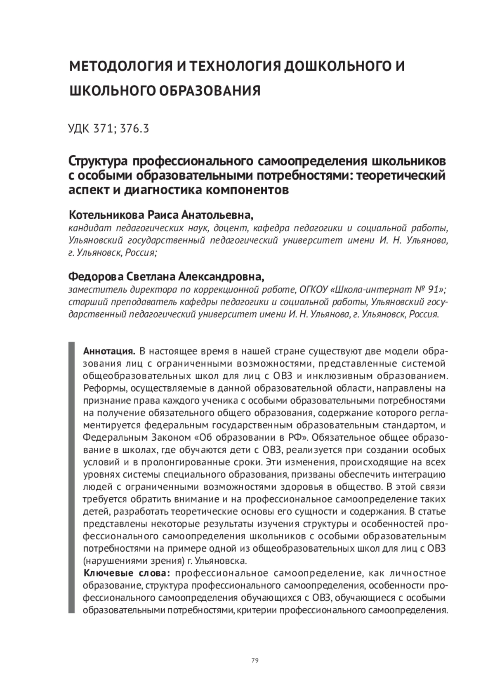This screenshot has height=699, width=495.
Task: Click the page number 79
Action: pos(255,660)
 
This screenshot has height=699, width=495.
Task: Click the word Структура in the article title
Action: pos(97,161)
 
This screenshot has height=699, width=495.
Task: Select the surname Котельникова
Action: pos(107,215)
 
